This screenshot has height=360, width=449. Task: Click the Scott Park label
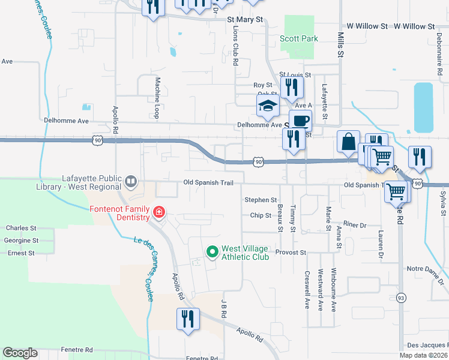pos(298,39)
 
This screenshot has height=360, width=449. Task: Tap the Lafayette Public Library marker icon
pos(130,180)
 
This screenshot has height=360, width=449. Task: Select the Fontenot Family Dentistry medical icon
pos(158,212)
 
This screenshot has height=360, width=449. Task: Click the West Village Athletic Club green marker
pos(212,253)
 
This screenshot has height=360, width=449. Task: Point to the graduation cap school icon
pos(268,107)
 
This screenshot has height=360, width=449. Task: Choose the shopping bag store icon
pos(348,142)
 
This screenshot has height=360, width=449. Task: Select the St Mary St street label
pos(245,20)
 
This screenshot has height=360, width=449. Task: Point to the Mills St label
pos(340,45)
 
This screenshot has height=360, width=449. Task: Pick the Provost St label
pos(291,253)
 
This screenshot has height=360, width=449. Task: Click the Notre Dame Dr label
pos(427,269)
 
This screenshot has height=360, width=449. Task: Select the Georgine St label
pos(22,240)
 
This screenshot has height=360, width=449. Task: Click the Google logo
pos(20,353)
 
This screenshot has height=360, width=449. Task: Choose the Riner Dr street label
pos(355,225)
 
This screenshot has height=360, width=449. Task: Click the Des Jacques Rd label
pos(427,345)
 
